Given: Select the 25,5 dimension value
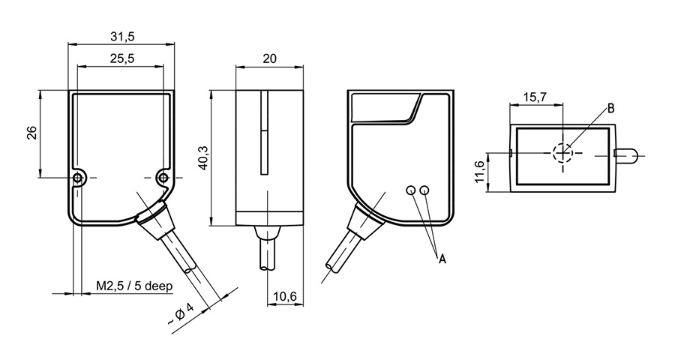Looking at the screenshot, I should coord(121,59).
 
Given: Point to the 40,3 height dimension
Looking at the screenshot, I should coord(201,157).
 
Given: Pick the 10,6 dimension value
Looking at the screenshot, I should coord(285,297).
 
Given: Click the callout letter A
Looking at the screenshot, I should coord(442,259).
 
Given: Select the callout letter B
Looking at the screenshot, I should coord(610,109).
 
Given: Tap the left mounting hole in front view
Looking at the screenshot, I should coord(78,177).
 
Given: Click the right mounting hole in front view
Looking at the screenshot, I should coord(163,177).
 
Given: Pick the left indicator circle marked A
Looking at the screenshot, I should coord(411,190).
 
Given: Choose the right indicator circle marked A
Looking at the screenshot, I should coord(425,190).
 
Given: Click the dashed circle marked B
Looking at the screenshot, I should coord(562,153).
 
